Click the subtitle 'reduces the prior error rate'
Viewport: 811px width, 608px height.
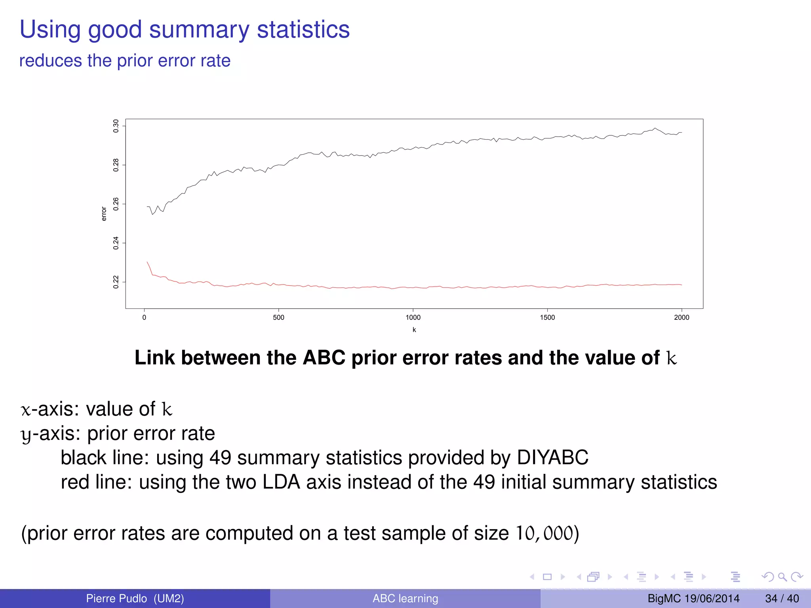(125, 61)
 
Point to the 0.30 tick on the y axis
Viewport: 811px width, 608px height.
(116, 126)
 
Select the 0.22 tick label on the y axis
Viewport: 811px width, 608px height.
(116, 282)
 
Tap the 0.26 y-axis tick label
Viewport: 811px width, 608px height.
(116, 204)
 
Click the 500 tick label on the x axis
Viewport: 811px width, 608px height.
(278, 317)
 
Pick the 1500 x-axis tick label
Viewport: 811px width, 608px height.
(547, 317)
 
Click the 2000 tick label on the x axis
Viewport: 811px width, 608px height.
(682, 317)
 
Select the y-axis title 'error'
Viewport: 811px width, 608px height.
(104, 214)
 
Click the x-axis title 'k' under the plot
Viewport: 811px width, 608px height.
(414, 330)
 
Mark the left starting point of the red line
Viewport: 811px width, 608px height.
(147, 262)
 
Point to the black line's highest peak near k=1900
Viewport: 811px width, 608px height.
(655, 128)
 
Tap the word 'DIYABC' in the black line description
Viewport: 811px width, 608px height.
(552, 458)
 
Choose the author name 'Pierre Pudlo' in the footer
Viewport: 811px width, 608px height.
(116, 598)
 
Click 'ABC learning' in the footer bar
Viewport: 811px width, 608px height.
(405, 598)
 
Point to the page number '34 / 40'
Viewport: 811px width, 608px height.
(782, 598)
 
